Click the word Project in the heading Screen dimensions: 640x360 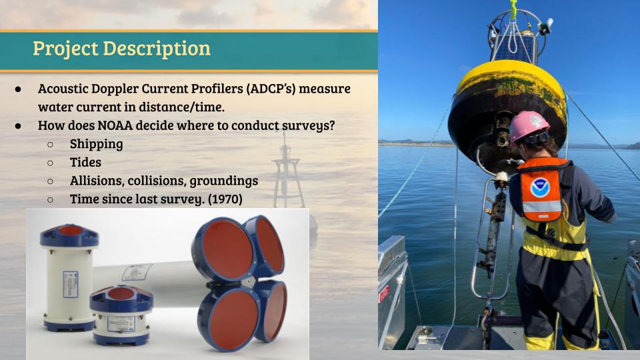[x=65, y=49]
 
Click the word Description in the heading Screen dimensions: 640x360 [x=157, y=49]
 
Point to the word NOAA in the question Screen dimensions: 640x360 [x=115, y=125]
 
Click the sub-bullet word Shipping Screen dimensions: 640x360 [x=96, y=144]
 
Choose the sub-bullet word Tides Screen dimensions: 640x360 [x=85, y=162]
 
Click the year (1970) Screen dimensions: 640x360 [x=225, y=199]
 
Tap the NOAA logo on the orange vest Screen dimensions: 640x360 [x=541, y=188]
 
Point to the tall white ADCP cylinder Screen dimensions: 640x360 [x=69, y=277]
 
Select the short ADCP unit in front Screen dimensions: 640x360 [x=121, y=315]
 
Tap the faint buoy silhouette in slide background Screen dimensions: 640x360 [x=288, y=171]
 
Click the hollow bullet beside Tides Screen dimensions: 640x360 [x=50, y=163]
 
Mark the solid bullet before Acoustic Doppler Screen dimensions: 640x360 [x=18, y=89]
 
